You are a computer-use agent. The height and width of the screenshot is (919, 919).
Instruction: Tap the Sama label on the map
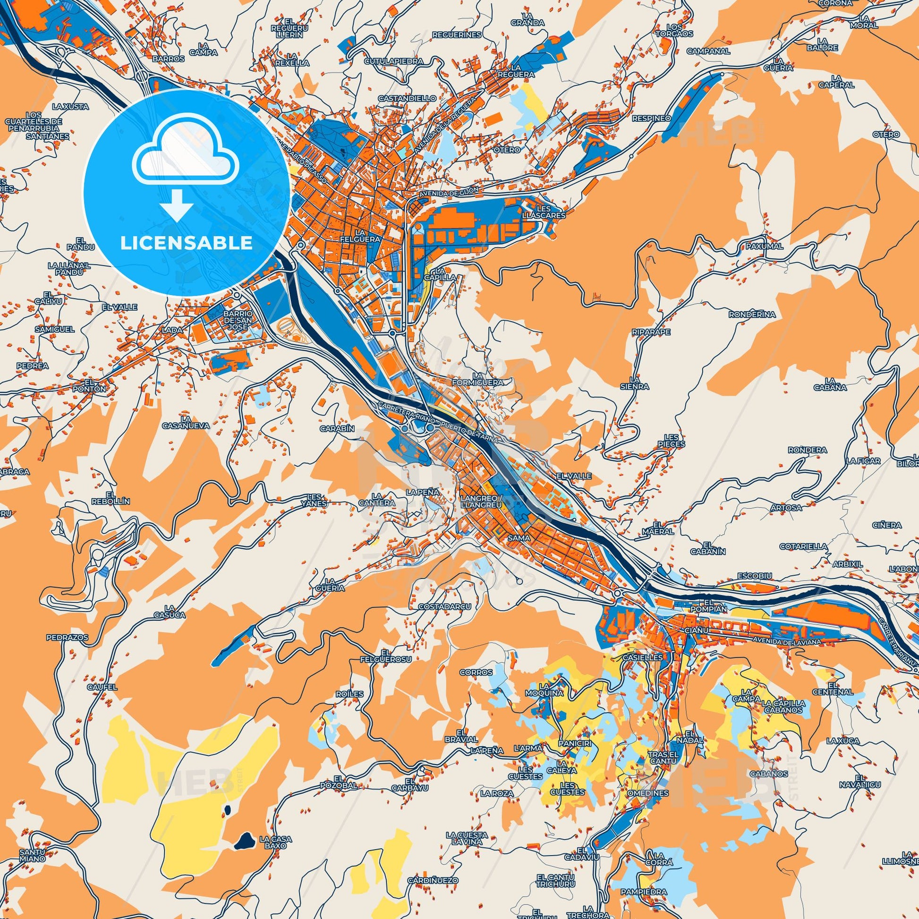tap(518, 537)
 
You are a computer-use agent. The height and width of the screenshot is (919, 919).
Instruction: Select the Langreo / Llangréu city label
tap(481, 502)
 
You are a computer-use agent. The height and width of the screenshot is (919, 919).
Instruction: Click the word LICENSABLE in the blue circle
tap(187, 243)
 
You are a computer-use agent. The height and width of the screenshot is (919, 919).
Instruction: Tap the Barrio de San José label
tap(237, 321)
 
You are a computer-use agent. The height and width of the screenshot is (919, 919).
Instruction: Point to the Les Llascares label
tap(550, 212)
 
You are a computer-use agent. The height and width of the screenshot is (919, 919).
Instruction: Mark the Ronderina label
tap(752, 315)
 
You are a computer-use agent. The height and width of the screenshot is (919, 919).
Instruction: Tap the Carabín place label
tap(337, 428)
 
